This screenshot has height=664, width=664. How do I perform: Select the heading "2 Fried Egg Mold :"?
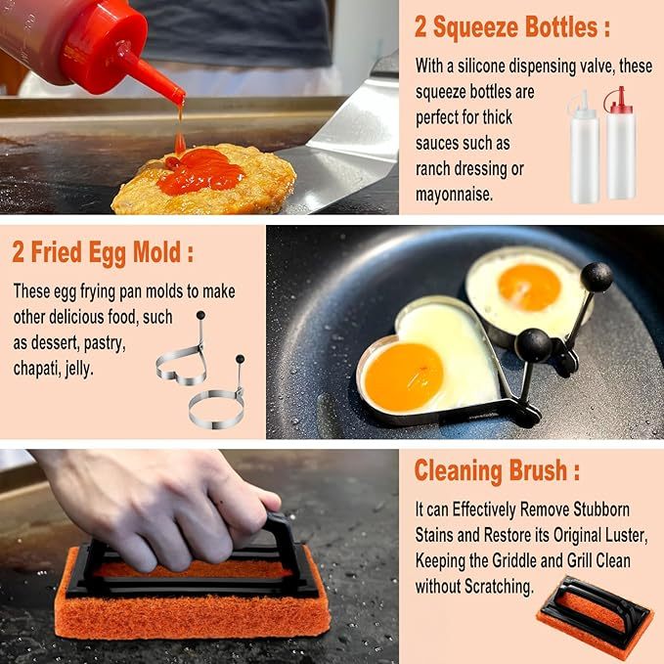103,253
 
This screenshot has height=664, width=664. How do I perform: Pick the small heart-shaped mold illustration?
183,357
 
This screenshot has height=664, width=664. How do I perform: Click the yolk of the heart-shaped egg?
403,376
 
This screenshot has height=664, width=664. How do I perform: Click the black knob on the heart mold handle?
533,344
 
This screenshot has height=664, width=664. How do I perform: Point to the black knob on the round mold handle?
596,278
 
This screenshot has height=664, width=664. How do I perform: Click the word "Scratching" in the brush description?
495,587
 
